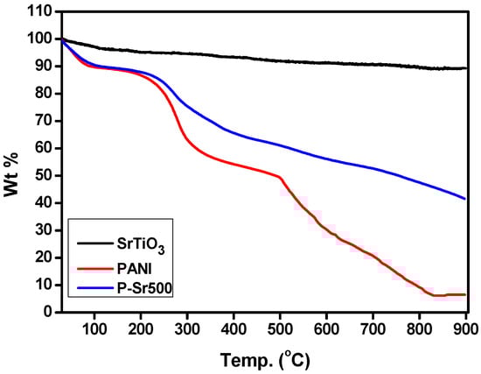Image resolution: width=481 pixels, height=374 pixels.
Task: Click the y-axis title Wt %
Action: coord(13,160)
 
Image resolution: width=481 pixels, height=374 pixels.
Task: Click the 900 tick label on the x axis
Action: coord(465,328)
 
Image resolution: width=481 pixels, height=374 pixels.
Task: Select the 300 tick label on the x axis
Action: coord(186,328)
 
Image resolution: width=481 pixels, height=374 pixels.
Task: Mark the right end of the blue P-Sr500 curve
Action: coord(465,199)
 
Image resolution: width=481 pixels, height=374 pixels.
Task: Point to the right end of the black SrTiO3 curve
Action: coord(466,68)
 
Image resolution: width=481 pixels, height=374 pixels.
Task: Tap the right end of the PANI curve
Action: coord(466,294)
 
